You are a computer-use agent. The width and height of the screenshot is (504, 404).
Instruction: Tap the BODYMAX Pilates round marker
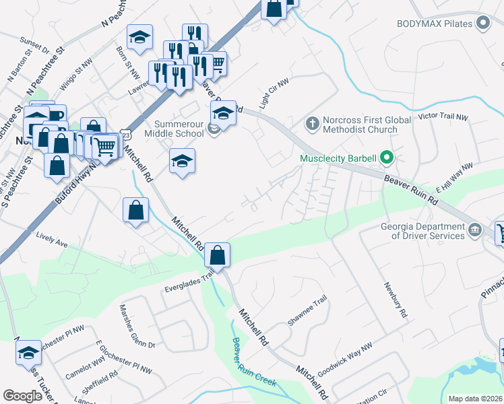tap(482, 24)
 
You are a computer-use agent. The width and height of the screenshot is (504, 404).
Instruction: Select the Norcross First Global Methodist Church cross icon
tap(311, 124)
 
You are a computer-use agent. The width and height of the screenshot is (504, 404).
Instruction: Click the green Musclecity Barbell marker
tap(387, 159)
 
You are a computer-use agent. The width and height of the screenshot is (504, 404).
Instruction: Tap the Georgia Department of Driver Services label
tap(422, 231)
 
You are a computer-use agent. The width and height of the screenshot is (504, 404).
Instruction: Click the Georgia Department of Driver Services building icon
tap(476, 231)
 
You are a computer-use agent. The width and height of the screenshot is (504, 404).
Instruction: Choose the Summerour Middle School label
tap(179, 129)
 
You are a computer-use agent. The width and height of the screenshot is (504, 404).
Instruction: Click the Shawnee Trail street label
tap(307, 311)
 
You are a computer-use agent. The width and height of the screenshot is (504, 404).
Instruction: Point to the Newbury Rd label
tap(396, 300)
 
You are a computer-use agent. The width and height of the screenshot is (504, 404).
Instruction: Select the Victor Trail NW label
tap(443, 116)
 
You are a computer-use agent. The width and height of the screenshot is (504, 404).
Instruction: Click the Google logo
tap(22, 396)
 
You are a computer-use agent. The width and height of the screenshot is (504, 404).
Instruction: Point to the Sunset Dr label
tap(35, 44)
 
